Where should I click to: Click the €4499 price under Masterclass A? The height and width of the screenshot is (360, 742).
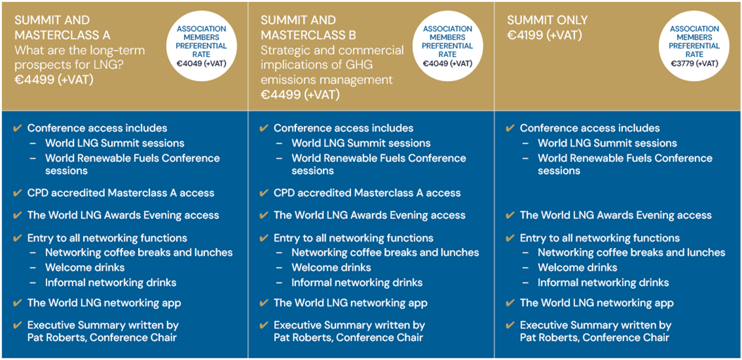tap(54, 80)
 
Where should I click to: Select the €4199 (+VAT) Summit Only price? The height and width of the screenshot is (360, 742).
tap(544, 35)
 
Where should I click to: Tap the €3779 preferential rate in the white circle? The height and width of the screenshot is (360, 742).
tap(688, 63)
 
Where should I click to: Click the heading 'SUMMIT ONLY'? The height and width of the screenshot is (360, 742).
tap(548, 20)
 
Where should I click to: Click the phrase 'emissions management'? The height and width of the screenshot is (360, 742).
tap(326, 80)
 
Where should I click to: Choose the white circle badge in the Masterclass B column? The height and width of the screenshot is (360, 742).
tap(447, 46)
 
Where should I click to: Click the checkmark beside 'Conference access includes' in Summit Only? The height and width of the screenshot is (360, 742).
tap(510, 128)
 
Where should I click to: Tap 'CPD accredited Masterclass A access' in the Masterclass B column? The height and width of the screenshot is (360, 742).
tap(367, 193)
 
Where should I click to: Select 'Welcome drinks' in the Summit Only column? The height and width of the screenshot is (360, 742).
tap(577, 267)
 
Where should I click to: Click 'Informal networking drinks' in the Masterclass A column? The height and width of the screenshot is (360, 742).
tap(111, 283)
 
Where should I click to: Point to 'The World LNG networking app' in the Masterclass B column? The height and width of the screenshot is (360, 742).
tap(351, 303)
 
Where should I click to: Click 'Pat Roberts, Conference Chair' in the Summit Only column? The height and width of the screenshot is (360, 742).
tap(595, 337)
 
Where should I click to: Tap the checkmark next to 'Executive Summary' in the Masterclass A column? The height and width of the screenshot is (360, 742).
tap(18, 325)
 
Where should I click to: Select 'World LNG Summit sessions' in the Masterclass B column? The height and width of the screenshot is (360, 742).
tap(361, 143)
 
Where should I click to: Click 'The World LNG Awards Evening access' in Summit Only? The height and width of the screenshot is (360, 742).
tap(616, 216)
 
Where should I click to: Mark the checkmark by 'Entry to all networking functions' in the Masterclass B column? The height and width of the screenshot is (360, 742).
tap(264, 238)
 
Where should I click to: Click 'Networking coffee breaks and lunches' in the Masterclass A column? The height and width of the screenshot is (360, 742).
tap(139, 253)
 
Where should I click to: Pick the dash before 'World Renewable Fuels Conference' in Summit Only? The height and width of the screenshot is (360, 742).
tap(526, 159)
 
